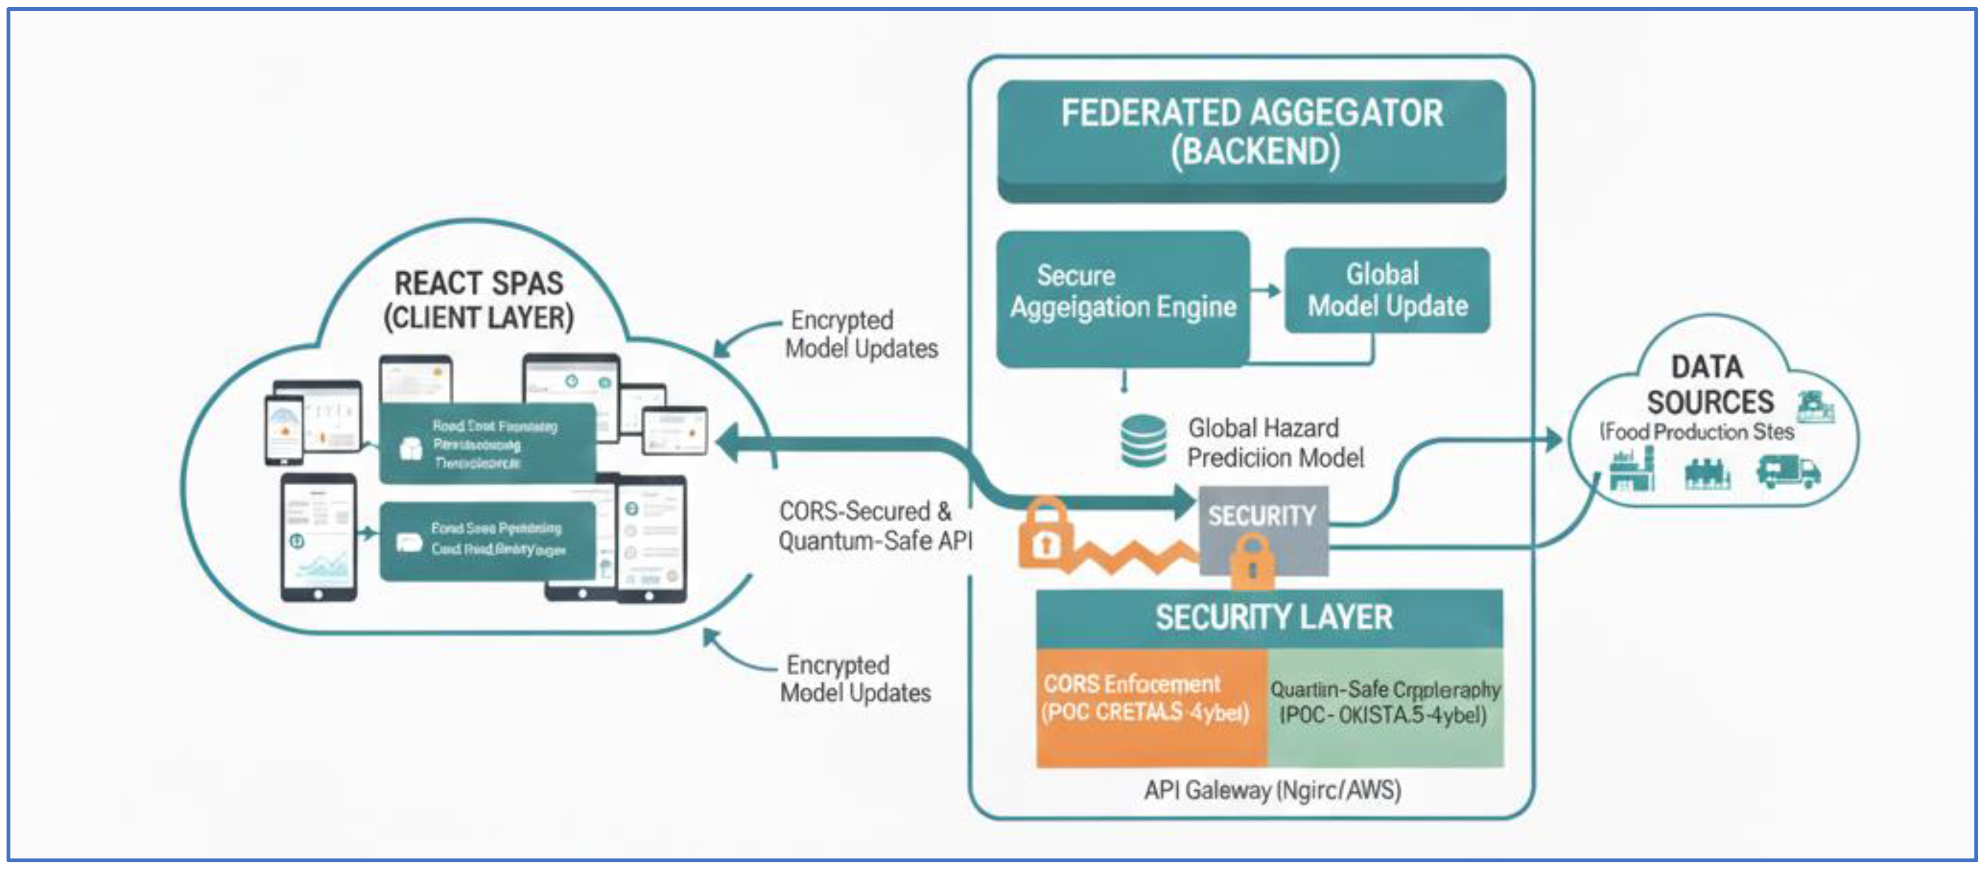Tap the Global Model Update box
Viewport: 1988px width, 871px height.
coord(1387,290)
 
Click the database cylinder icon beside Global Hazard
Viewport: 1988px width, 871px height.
coord(1143,442)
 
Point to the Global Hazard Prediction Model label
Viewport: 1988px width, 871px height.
coord(1275,443)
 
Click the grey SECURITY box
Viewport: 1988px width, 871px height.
coord(1262,515)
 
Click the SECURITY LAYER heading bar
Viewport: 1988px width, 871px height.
coord(1269,618)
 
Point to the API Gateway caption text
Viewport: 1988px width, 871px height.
coord(1272,790)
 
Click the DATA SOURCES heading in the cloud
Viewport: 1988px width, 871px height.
coord(1710,384)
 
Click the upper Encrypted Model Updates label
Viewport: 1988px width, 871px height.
coord(861,334)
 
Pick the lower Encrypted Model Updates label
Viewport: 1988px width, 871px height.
coord(855,679)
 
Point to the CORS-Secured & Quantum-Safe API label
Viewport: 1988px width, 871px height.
coord(874,526)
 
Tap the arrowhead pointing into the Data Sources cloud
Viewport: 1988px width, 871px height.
coord(1552,440)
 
